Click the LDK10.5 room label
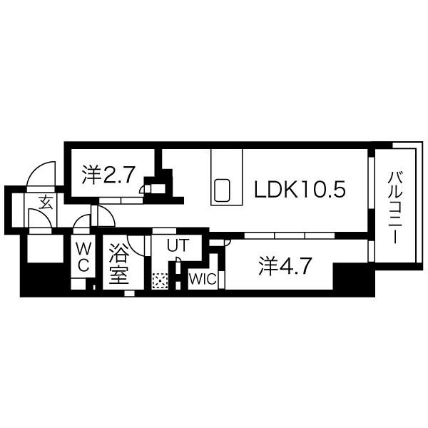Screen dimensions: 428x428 (x=300, y=190)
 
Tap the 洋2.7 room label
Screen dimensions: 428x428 (x=108, y=175)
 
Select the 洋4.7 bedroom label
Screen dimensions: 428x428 (x=285, y=266)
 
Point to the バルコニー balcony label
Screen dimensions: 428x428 (x=395, y=208)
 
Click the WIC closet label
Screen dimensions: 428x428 (x=203, y=279)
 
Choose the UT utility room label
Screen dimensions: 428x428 (x=178, y=245)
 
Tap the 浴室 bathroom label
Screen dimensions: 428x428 (x=119, y=264)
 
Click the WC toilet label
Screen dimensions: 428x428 (x=83, y=257)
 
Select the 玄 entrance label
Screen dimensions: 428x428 (x=46, y=203)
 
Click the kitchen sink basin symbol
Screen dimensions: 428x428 (x=222, y=190)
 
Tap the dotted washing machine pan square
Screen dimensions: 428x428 (x=160, y=281)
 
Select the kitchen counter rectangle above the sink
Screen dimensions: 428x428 (x=227, y=177)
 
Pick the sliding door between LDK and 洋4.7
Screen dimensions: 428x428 (x=290, y=235)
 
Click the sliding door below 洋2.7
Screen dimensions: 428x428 (x=121, y=201)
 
